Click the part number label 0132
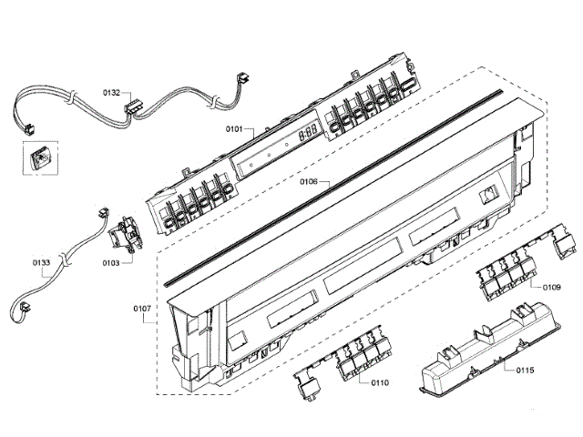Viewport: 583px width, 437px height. (x=111, y=93)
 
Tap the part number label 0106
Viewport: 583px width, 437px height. (x=309, y=182)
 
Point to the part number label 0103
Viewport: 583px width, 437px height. (x=111, y=262)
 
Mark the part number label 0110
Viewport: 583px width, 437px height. (x=380, y=382)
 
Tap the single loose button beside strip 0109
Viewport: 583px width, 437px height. (x=563, y=243)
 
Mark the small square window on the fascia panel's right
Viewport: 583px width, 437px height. (x=490, y=193)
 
